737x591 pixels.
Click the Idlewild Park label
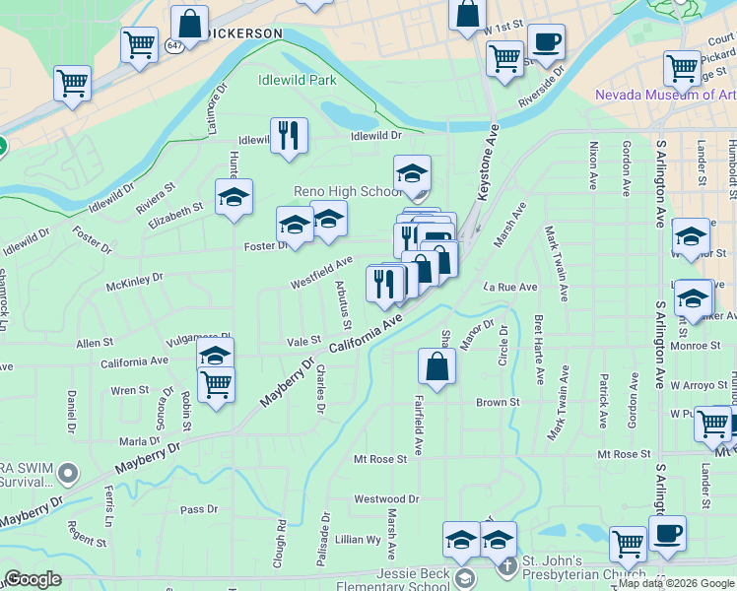pos(297,80)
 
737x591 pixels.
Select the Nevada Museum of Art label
pos(664,96)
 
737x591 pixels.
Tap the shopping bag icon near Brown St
pos(435,366)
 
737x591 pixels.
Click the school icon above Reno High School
pos(412,174)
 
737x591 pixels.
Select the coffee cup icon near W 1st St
pos(546,42)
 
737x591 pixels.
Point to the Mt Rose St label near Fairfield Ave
pos(380,459)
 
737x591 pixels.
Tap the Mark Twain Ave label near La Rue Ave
pos(556,264)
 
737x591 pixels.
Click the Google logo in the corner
pos(33,579)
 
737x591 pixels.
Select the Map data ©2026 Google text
pos(676,583)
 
